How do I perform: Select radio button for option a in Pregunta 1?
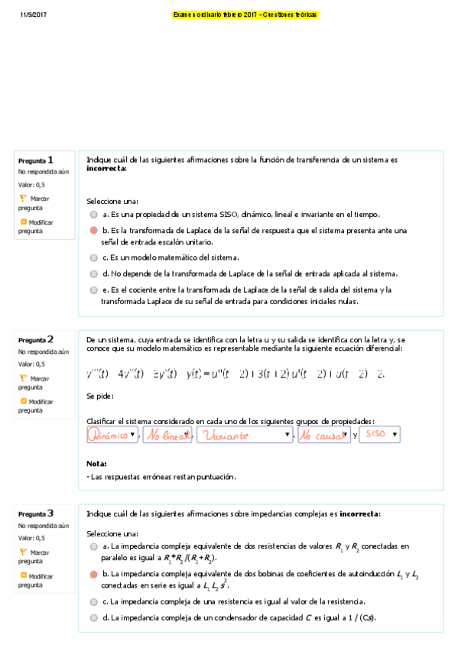pyautogui.click(x=93, y=215)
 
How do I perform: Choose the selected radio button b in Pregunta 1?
pyautogui.click(x=93, y=230)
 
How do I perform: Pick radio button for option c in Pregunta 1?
pyautogui.click(x=93, y=258)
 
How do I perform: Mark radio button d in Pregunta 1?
pyautogui.click(x=93, y=273)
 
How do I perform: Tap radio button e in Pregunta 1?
pyautogui.click(x=93, y=290)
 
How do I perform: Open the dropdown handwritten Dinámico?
pyautogui.click(x=113, y=435)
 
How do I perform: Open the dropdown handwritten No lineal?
pyautogui.click(x=167, y=435)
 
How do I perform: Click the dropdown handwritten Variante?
pyautogui.click(x=245, y=435)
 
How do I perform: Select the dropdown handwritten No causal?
pyautogui.click(x=323, y=435)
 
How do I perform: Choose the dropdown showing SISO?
pyautogui.click(x=379, y=434)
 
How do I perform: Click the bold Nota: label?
pyautogui.click(x=96, y=463)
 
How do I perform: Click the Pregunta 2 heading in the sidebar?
pyautogui.click(x=36, y=339)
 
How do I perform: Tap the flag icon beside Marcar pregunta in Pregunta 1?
pyautogui.click(x=23, y=198)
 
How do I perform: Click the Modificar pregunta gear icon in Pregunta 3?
pyautogui.click(x=23, y=575)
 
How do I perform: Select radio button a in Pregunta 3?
pyautogui.click(x=93, y=547)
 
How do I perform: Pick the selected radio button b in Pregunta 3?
pyautogui.click(x=93, y=574)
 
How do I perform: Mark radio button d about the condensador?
pyautogui.click(x=93, y=617)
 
